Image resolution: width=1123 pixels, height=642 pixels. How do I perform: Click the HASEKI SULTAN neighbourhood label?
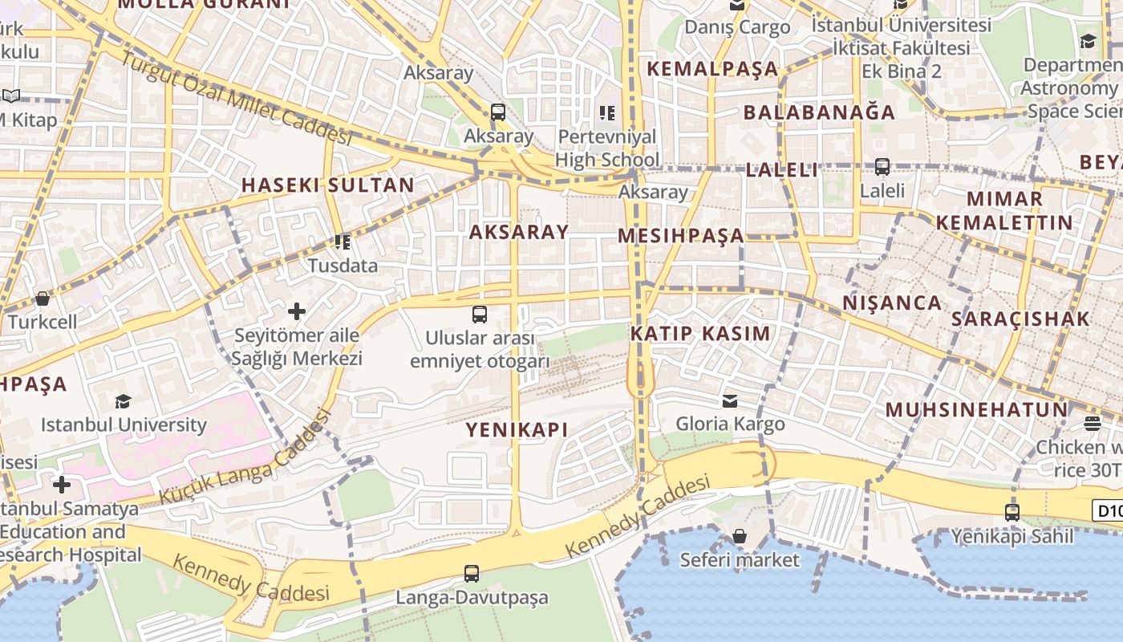click(x=328, y=185)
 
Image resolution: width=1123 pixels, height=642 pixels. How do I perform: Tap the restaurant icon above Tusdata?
click(x=343, y=242)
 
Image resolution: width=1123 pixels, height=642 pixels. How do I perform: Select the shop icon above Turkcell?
click(x=43, y=299)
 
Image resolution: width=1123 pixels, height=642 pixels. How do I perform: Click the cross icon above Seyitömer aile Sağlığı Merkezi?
click(x=297, y=311)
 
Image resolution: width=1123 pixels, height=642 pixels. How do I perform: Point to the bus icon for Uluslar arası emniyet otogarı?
click(x=480, y=314)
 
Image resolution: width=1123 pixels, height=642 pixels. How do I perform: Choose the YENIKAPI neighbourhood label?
click(x=517, y=429)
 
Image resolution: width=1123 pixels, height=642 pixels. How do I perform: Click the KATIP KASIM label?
click(x=699, y=333)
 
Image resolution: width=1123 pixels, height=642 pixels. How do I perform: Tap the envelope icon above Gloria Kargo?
click(x=730, y=400)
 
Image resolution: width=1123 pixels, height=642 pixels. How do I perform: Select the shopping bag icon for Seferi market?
click(x=740, y=536)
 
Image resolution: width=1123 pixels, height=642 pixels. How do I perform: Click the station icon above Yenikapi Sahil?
click(x=1012, y=512)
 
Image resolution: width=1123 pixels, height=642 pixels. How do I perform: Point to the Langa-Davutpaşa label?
click(x=472, y=598)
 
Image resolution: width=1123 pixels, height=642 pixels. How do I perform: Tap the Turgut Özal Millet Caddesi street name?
click(x=236, y=99)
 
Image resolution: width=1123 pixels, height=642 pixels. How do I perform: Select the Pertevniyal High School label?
click(x=607, y=148)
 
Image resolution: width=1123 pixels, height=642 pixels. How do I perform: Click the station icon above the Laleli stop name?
click(x=882, y=167)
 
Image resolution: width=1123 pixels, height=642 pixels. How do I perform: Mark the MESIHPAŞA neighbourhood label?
click(x=681, y=236)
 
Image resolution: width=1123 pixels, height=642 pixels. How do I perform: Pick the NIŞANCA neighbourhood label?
click(x=892, y=303)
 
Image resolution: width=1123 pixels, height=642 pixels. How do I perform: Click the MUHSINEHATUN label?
click(x=976, y=410)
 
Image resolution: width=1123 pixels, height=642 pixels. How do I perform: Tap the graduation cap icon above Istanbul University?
click(x=123, y=401)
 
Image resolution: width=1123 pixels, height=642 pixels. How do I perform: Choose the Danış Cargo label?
click(x=737, y=27)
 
